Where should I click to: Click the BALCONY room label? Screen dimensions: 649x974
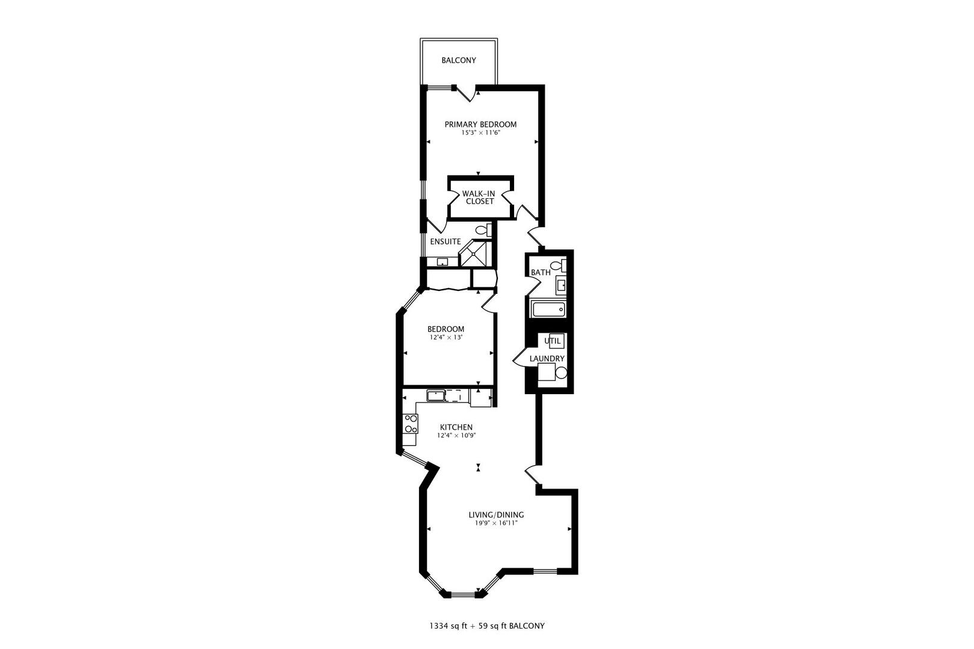pyautogui.click(x=459, y=61)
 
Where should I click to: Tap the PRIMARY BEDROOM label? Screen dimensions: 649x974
pyautogui.click(x=480, y=124)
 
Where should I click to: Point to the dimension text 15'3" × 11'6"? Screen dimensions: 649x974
pyautogui.click(x=480, y=133)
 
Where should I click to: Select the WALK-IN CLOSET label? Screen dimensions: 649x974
pyautogui.click(x=479, y=197)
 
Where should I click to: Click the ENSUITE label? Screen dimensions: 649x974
pyautogui.click(x=446, y=242)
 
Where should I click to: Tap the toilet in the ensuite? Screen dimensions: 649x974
pyautogui.click(x=482, y=230)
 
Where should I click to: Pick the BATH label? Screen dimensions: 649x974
pyautogui.click(x=541, y=272)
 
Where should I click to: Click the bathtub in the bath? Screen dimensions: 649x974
pyautogui.click(x=548, y=310)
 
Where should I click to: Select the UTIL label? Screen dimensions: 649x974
pyautogui.click(x=553, y=341)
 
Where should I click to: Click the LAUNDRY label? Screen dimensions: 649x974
pyautogui.click(x=547, y=359)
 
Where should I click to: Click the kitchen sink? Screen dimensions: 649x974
pyautogui.click(x=435, y=395)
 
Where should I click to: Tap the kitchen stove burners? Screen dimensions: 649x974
pyautogui.click(x=411, y=424)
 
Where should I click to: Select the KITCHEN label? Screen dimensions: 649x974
pyautogui.click(x=456, y=427)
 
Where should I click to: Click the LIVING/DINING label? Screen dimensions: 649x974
pyautogui.click(x=496, y=515)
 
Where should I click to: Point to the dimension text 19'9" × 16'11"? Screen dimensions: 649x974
pyautogui.click(x=496, y=523)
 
